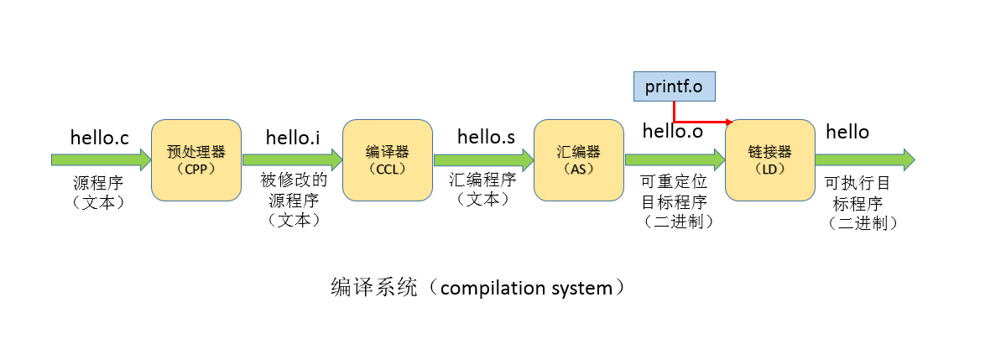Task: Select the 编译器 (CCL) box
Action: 387,159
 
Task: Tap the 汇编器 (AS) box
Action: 578,159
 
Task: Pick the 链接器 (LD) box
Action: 769,159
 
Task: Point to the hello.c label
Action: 100,136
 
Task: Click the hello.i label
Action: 293,136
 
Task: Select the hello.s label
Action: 486,136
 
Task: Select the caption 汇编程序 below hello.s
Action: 482,180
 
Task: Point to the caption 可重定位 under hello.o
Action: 675,183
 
